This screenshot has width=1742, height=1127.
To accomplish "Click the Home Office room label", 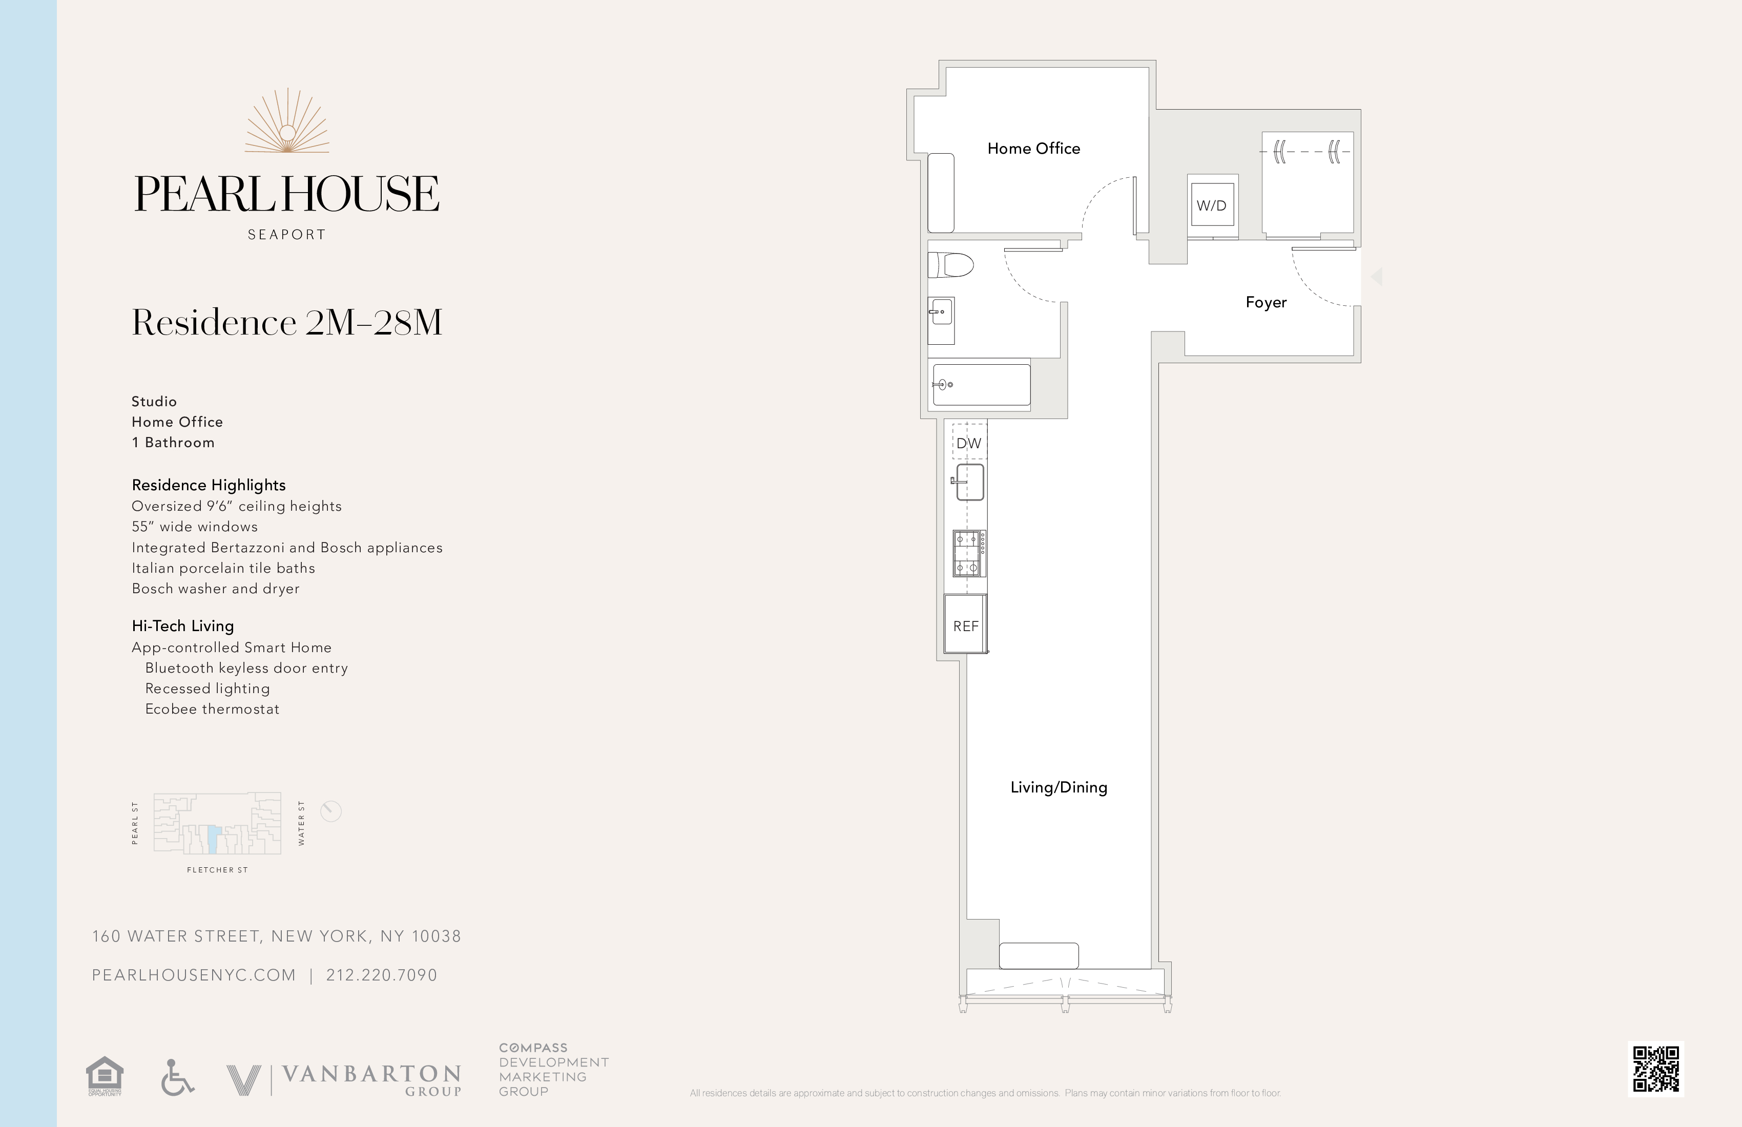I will pos(1033,149).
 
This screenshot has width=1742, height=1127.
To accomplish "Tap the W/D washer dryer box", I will pos(1211,205).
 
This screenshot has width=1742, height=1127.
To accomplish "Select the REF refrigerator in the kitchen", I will pos(965,625).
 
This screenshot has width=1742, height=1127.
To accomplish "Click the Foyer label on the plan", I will pos(1266,302).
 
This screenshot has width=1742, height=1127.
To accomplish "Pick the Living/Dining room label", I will pos(1059,787).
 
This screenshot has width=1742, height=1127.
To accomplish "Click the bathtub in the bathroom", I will pos(981,384).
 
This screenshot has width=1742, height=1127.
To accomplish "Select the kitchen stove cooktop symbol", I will pos(968,553).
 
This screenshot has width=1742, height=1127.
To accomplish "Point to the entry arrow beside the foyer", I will pos(1376,277).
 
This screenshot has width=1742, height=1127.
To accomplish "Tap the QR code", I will pos(1655,1069).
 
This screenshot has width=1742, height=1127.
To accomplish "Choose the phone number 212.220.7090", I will pos(381,975).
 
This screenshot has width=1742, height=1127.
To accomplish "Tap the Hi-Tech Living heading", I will pos(183,625).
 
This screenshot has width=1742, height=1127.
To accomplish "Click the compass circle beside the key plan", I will pos(331,811).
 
